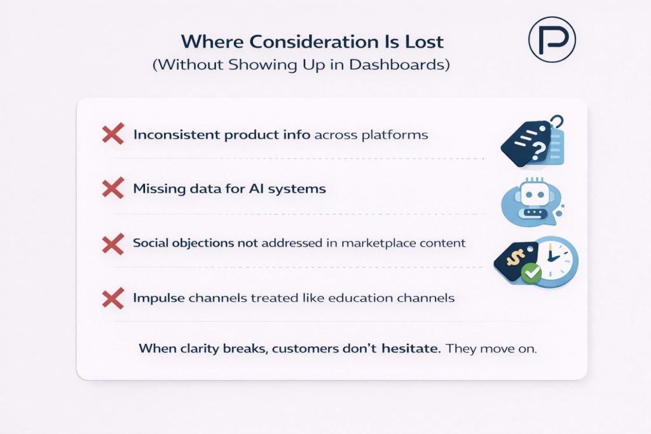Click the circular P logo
(551, 39)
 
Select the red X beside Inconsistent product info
(113, 135)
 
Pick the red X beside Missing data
(113, 189)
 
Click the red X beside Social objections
(113, 243)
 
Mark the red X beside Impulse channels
(113, 297)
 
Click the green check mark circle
(530, 274)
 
